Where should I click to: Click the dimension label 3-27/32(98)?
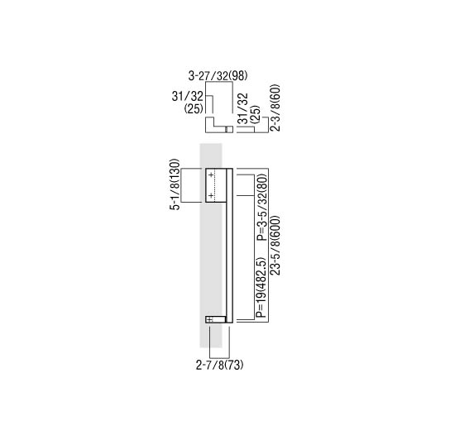[x=218, y=76]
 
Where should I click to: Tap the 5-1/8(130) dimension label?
[x=175, y=184]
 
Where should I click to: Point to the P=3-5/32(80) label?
[x=260, y=207]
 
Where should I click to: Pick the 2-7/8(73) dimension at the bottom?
[x=219, y=365]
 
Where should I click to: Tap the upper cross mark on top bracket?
[x=212, y=175]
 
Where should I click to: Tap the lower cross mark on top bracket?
[x=212, y=195]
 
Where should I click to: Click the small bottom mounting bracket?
[x=214, y=318]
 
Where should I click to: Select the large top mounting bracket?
[x=215, y=185]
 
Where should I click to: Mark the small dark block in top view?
[x=230, y=130]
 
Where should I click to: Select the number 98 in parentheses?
[x=238, y=76]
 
